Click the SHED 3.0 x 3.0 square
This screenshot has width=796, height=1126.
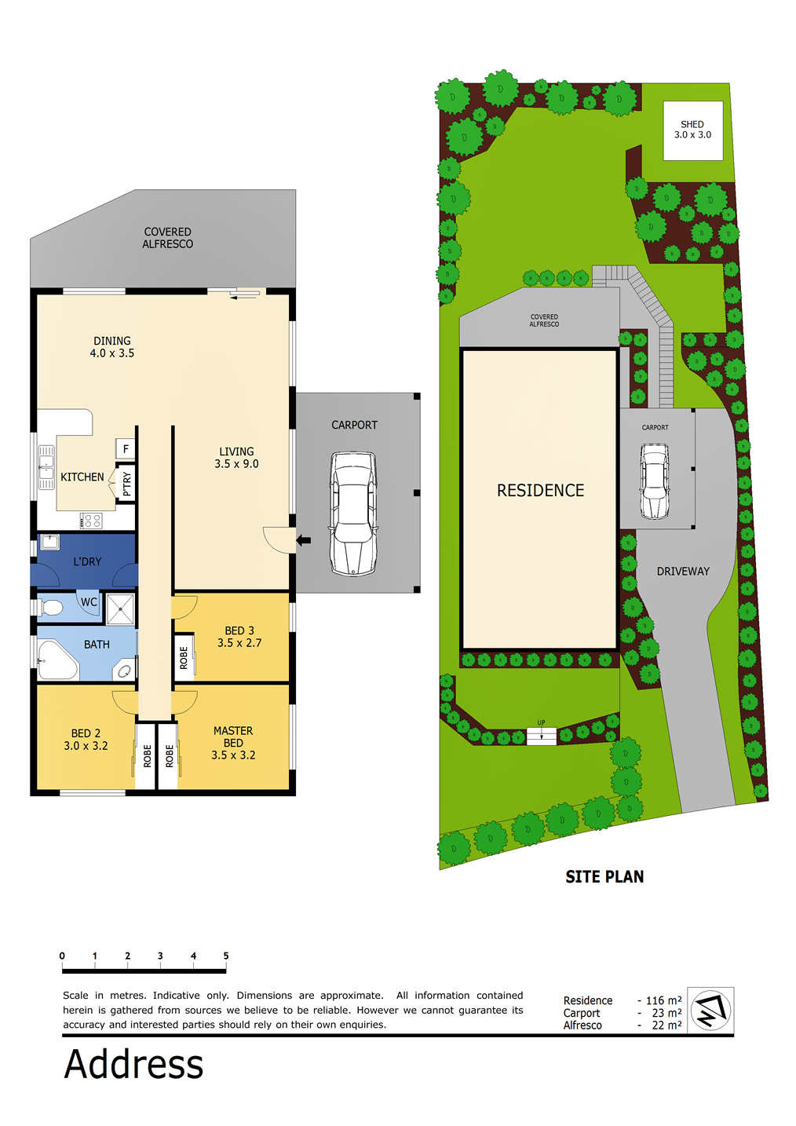693,130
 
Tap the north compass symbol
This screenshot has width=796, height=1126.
710,1011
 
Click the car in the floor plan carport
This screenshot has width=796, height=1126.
352,514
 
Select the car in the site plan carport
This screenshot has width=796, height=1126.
654,481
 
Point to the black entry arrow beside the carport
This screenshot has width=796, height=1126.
304,541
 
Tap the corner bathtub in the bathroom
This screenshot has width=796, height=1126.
57,660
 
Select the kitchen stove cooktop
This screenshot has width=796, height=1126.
91,521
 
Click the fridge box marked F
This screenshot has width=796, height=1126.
126,449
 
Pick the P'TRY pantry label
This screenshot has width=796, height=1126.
126,484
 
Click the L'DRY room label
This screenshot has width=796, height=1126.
87,561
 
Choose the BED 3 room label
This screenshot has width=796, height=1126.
239,631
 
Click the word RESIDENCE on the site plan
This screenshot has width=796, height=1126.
540,491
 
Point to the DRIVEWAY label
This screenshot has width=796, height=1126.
683,571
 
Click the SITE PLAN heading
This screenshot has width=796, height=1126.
604,877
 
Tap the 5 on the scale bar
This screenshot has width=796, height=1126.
225,956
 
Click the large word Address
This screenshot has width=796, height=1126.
133,1064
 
